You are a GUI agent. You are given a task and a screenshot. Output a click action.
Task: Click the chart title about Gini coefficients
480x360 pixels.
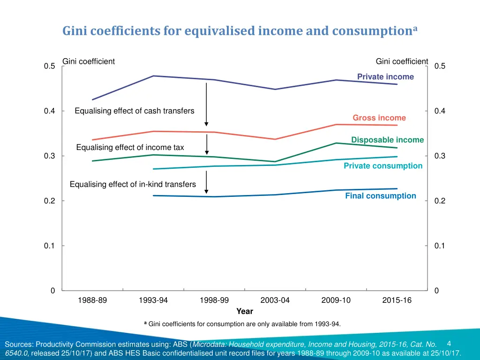coord(240,31)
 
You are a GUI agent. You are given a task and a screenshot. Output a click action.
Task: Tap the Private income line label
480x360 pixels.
coord(385,77)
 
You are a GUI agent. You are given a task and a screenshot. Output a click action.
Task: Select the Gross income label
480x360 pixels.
coord(379,118)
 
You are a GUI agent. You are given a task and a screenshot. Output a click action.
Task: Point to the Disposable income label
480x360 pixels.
coord(387,140)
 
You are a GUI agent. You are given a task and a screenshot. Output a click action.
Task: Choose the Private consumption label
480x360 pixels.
coord(383,166)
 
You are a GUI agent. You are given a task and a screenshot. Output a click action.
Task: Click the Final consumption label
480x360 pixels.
coord(381,196)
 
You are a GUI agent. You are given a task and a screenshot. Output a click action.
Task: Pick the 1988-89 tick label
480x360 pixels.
coord(92,300)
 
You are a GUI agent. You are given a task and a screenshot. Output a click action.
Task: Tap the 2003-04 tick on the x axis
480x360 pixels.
coord(275,300)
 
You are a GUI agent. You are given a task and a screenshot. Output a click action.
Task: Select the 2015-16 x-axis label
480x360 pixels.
coord(397,300)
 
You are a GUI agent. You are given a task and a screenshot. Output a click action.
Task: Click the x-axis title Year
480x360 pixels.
coord(245,311)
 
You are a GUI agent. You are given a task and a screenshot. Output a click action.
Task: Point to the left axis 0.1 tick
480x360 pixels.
coord(50,246)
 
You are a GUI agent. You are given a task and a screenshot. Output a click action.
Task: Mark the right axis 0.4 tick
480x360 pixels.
coord(440,111)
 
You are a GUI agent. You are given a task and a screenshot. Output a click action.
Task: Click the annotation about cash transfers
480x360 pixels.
coord(135,111)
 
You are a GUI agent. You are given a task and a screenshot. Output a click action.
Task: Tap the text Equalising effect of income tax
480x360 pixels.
coord(130,148)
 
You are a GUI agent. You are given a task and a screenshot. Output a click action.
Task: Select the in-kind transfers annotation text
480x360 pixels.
coord(133,185)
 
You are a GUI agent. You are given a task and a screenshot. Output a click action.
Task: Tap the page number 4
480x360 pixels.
coord(449,344)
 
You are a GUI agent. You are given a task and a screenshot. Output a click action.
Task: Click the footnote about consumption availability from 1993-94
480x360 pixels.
coord(242,324)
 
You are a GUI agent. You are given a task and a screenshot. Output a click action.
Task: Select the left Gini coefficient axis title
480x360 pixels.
coord(89,61)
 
